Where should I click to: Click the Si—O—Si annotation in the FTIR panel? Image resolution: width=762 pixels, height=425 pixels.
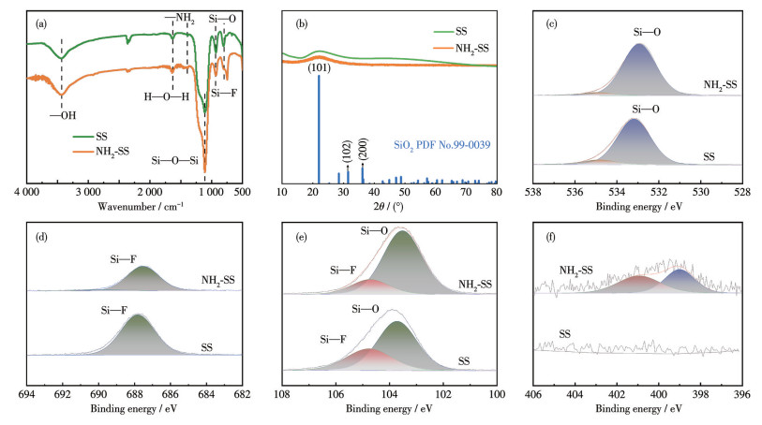click(175, 160)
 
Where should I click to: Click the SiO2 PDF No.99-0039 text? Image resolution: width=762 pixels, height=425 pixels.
click(443, 145)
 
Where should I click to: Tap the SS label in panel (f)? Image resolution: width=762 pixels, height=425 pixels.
click(565, 333)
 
